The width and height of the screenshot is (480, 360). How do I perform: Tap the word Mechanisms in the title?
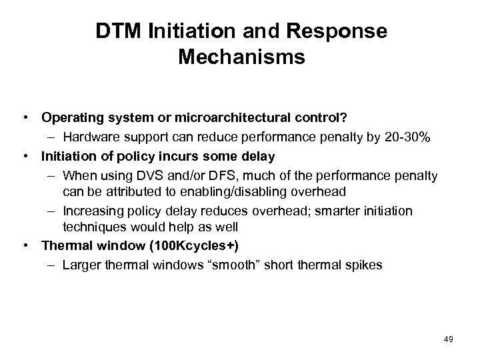tap(241, 57)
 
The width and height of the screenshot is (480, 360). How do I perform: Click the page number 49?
tap(448, 340)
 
